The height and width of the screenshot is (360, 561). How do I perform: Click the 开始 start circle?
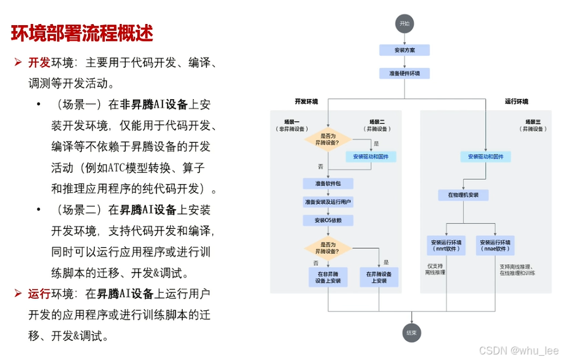pos(404,23)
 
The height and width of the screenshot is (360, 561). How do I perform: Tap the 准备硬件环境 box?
pos(404,73)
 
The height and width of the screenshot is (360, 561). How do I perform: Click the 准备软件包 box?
pos(328,183)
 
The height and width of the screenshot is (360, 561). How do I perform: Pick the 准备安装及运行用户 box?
pos(328,202)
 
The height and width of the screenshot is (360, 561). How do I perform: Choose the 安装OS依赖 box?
pos(328,220)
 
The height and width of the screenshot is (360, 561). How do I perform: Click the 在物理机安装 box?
pos(462,195)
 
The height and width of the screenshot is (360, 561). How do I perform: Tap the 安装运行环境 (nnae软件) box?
pos(495,245)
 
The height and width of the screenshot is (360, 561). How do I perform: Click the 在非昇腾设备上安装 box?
pos(328,276)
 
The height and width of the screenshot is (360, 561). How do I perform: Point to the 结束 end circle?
pos(411,333)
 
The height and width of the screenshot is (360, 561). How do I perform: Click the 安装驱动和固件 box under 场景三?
pos(485,157)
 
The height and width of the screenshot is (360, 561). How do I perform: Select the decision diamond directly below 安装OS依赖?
pos(328,249)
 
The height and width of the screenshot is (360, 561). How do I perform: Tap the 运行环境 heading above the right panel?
pos(516,102)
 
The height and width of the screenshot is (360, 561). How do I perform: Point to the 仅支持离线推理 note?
pos(436,269)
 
